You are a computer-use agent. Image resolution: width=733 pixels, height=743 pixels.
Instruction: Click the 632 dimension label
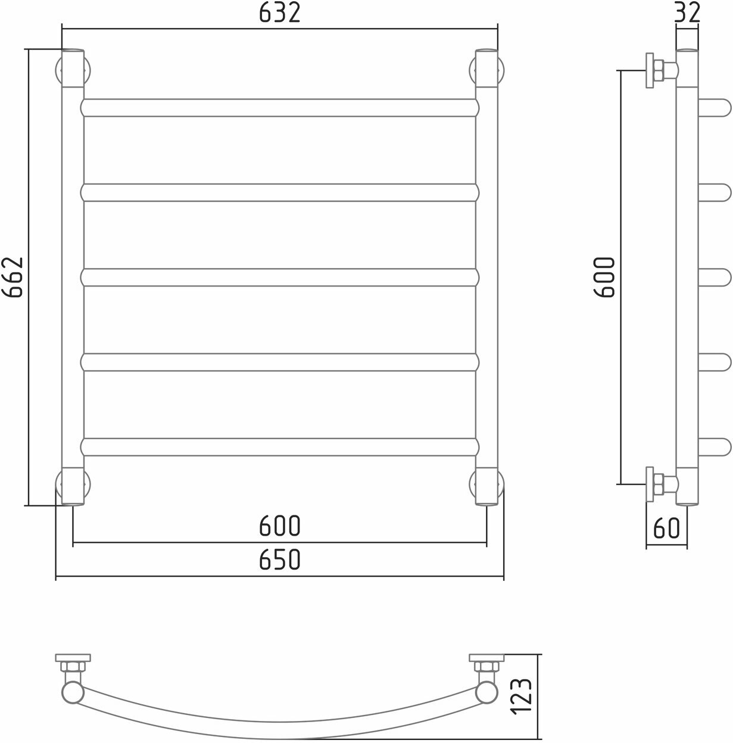coord(279,13)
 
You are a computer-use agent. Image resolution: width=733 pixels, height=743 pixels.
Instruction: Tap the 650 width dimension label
coord(279,559)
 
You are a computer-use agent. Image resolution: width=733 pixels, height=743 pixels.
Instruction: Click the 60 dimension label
coord(667,528)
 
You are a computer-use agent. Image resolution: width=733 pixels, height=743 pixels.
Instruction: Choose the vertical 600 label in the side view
coord(604,277)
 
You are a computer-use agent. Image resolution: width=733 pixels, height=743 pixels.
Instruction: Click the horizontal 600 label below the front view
coord(279,526)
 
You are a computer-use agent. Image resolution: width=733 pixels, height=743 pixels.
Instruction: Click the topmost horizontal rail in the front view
coord(280,108)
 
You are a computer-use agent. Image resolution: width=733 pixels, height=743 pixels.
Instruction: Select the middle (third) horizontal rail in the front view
coord(280,277)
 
